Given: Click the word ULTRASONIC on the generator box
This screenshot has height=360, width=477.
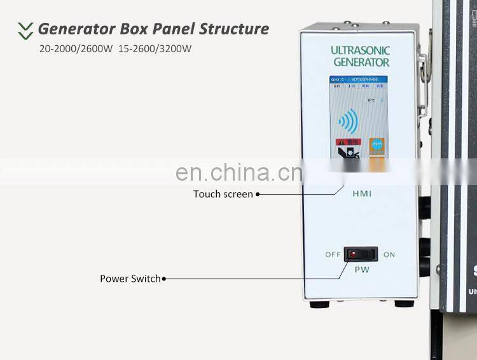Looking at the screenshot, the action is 360,50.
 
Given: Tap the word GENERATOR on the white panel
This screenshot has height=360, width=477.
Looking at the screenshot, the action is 361,62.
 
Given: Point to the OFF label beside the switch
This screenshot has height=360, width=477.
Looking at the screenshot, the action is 333,254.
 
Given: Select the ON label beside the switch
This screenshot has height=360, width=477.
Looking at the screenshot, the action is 389,254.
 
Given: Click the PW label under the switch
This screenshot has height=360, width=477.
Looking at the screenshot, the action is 361,269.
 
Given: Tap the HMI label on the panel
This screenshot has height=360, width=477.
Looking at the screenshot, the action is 361,193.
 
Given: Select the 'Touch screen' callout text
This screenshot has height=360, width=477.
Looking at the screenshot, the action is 223,194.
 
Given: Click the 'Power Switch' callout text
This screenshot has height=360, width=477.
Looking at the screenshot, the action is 130,279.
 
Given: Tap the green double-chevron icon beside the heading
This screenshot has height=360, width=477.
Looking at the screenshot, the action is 25,30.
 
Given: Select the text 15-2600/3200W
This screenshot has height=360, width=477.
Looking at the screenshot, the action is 155,48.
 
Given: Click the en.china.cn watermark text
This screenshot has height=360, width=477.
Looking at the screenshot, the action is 238,172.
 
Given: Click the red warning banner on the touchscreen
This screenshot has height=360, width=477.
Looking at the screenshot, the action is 344,143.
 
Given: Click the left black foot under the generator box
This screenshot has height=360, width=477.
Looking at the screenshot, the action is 319,304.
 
